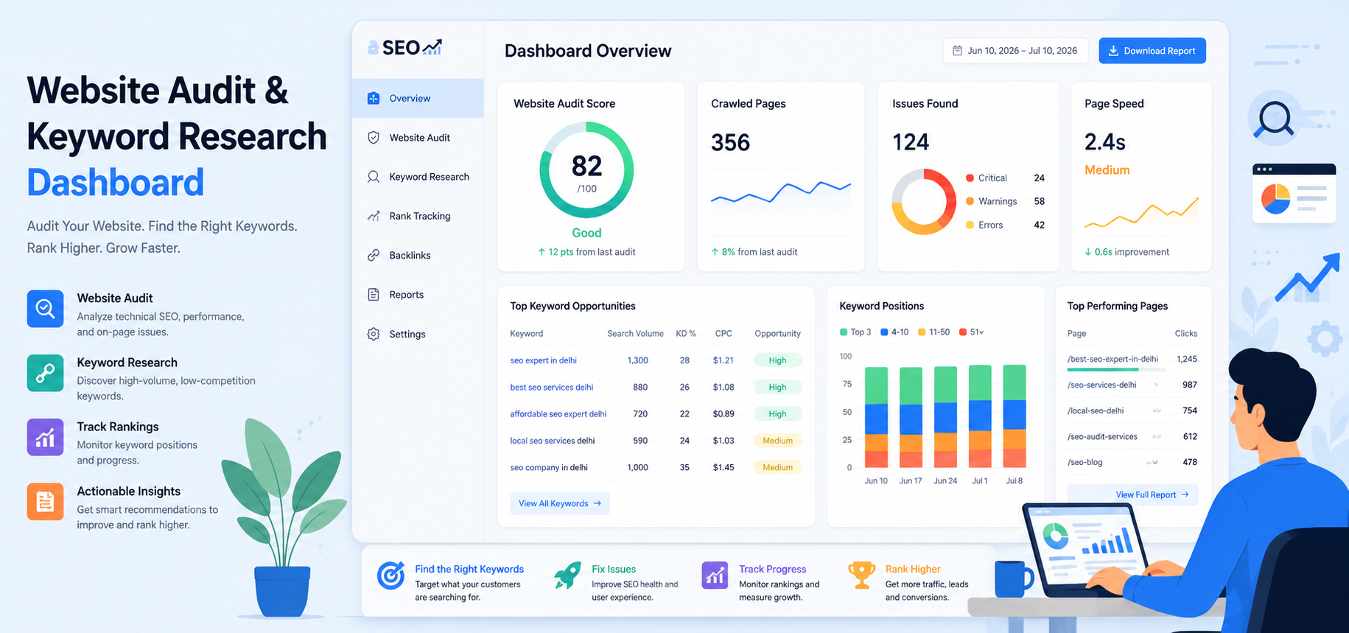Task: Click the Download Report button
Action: (x=1152, y=51)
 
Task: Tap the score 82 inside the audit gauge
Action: (x=586, y=167)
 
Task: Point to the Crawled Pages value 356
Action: (x=730, y=142)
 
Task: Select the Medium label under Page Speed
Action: (x=1107, y=170)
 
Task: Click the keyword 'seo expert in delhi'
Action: (x=543, y=360)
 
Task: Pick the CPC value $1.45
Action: (x=723, y=467)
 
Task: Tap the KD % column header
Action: (x=686, y=334)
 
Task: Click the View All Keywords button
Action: (x=560, y=503)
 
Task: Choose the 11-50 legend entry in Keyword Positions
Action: (x=933, y=332)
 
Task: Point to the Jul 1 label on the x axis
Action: (x=980, y=480)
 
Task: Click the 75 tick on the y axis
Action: (x=847, y=384)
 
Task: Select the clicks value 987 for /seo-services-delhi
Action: (x=1189, y=385)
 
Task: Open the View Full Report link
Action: (x=1152, y=494)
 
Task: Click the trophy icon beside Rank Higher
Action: (x=861, y=575)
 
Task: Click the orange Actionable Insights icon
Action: (x=45, y=502)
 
